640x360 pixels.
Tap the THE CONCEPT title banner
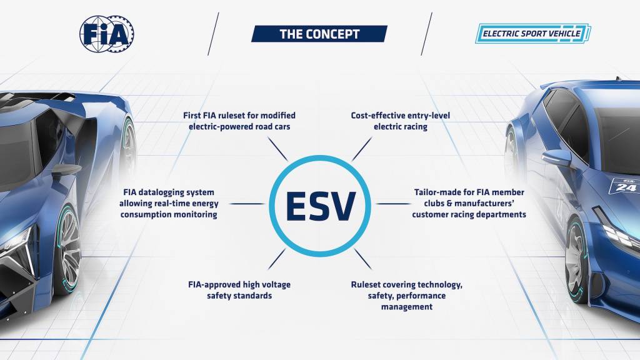319,34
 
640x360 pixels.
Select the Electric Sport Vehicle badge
533,34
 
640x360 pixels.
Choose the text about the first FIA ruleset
239,121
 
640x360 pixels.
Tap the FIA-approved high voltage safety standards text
239,290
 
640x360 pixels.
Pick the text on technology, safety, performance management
407,296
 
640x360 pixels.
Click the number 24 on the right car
626,186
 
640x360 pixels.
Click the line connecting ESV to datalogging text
247,204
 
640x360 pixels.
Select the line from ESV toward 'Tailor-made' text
393,204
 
